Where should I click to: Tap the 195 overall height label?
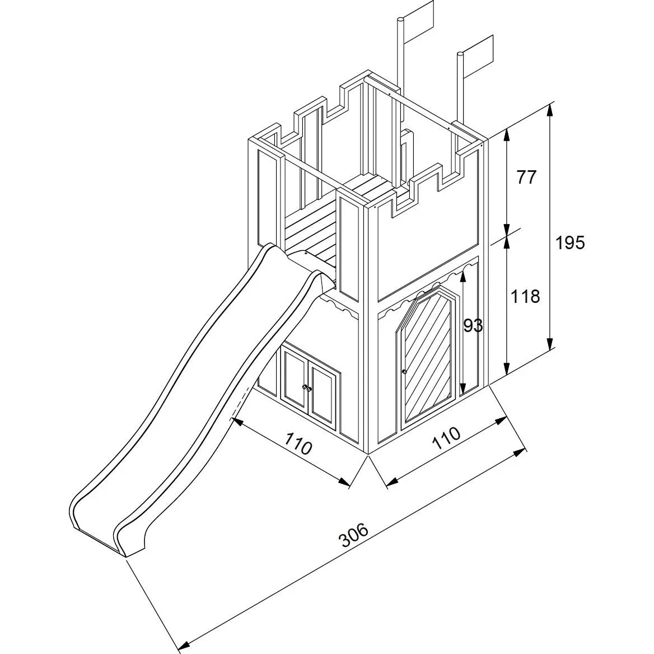tap(570, 242)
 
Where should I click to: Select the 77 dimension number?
tap(526, 177)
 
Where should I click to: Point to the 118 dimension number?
tap(525, 297)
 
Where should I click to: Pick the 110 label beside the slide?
tap(298, 443)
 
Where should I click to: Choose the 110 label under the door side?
tap(446, 437)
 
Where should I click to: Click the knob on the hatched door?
tap(404, 371)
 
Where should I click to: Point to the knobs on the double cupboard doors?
tap(307, 388)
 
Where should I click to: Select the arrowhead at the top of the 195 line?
tap(550, 110)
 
